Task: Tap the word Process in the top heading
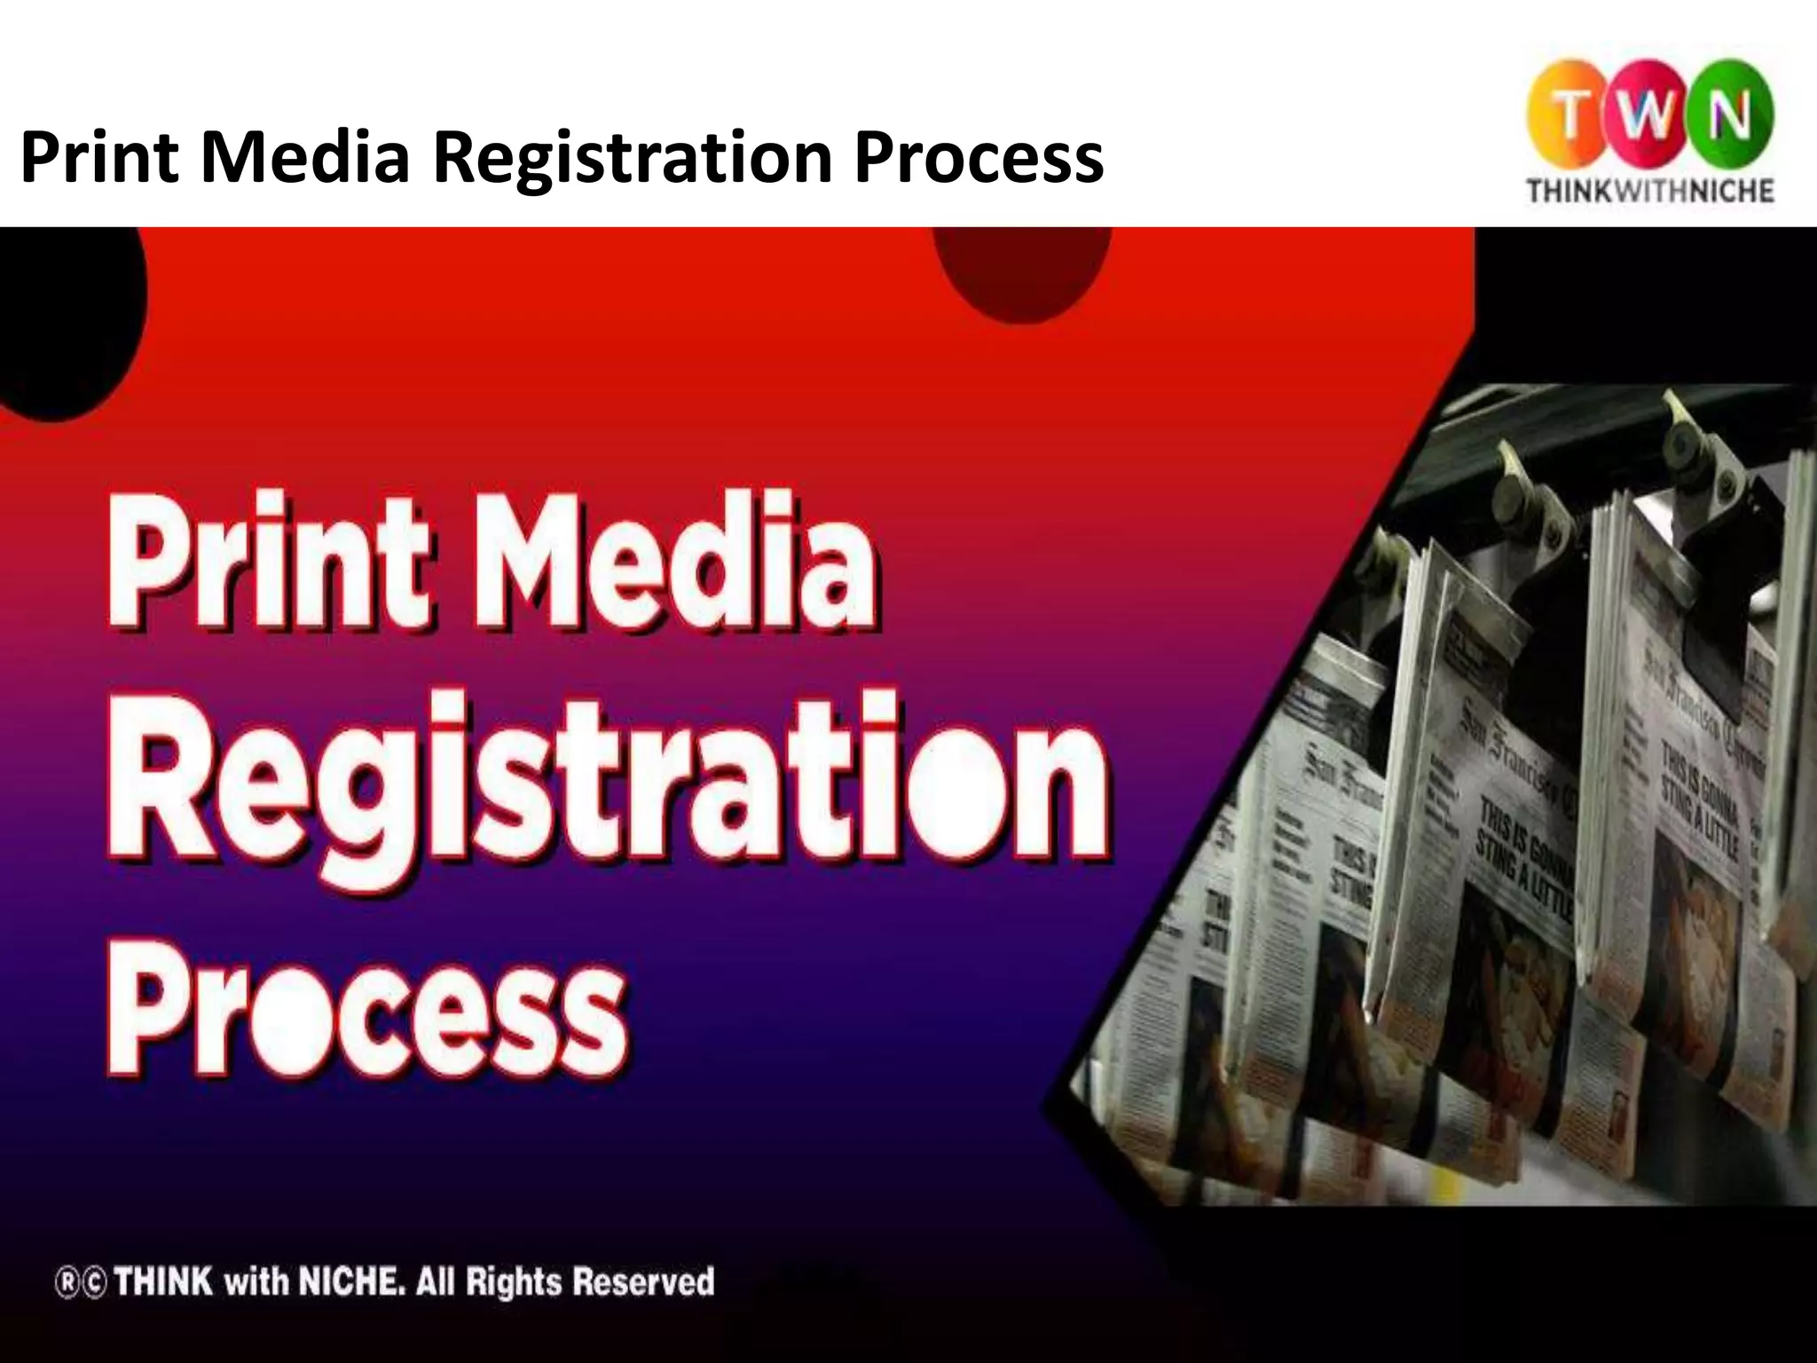point(979,157)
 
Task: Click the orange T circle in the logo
point(1570,116)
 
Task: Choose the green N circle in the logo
point(1728,116)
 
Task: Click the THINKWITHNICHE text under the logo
point(1650,191)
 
